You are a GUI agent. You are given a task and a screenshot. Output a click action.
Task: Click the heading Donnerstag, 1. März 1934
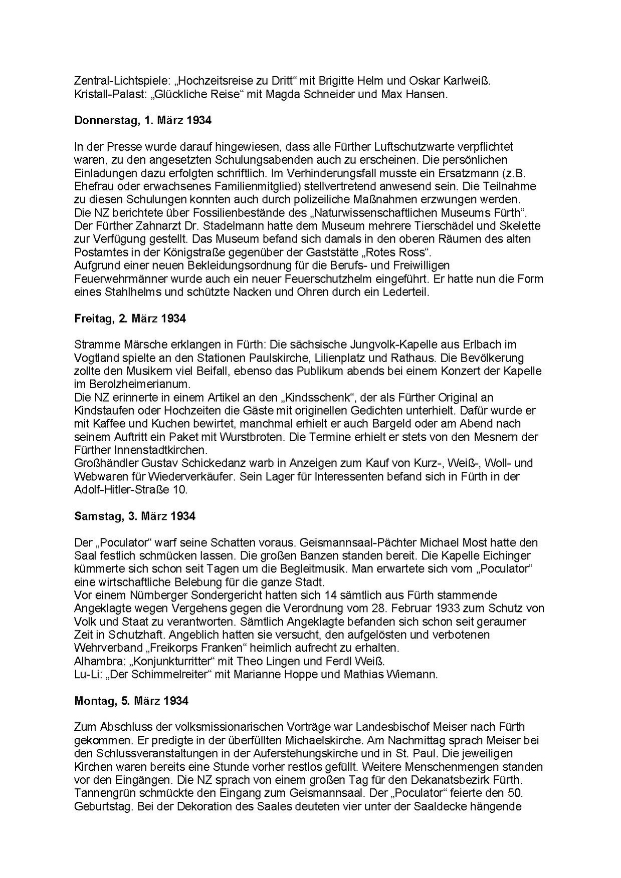(142, 121)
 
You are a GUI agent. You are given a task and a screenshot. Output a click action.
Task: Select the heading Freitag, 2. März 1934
(130, 319)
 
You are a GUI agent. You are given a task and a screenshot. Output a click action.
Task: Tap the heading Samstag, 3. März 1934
(134, 516)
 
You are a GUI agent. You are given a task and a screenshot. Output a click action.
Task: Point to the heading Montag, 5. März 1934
(131, 701)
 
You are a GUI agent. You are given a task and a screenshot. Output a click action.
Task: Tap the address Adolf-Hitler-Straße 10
(130, 490)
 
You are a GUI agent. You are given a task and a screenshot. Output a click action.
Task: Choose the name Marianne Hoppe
(285, 674)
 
